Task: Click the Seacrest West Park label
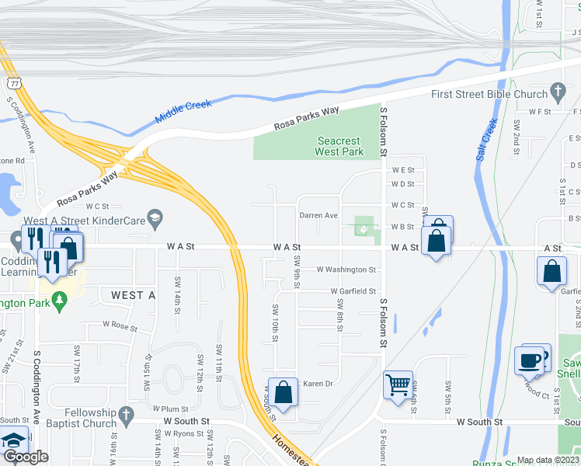point(340,146)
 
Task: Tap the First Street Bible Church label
point(489,94)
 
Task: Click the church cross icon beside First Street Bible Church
point(557,93)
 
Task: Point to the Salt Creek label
point(485,140)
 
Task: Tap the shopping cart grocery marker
point(398,384)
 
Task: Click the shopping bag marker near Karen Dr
point(283,391)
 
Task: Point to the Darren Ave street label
point(319,215)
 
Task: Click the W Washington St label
point(346,270)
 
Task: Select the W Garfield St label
point(352,291)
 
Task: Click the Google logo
point(26,457)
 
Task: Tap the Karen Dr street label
point(318,384)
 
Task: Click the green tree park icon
point(60,301)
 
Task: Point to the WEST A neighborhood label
point(127,295)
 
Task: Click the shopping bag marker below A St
point(551,272)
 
